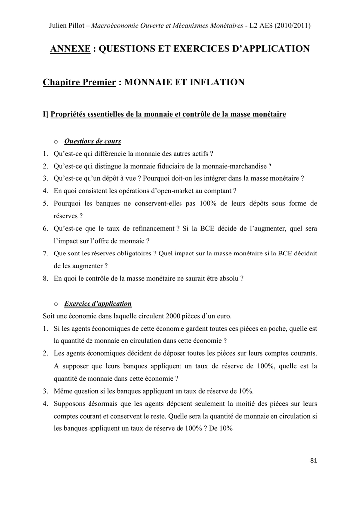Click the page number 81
pos(313,461)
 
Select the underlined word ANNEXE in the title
pos(70,49)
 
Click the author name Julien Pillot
pos(69,25)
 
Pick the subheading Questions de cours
pos(92,141)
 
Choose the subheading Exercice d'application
pos(98,304)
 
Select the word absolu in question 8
pos(229,278)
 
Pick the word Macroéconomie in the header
pos(132,25)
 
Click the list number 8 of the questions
pos(45,278)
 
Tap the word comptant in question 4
pos(216,190)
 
